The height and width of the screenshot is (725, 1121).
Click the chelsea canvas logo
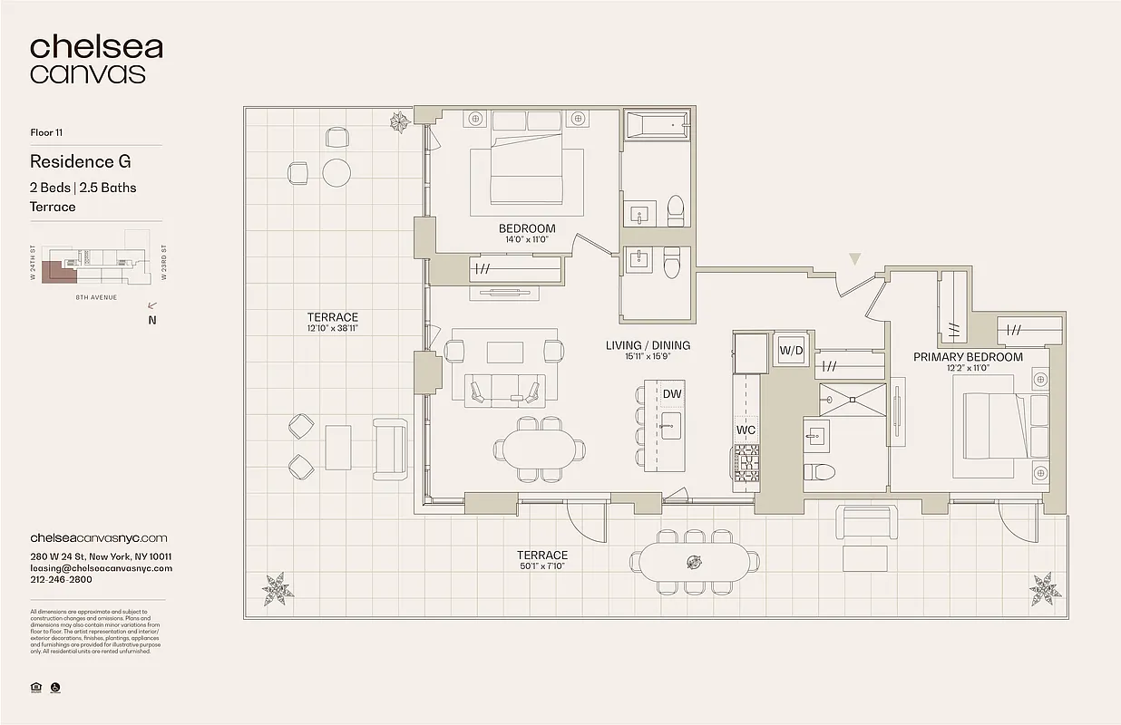pyautogui.click(x=96, y=60)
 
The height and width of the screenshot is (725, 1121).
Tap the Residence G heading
pyautogui.click(x=80, y=162)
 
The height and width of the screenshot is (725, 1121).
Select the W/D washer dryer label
pyautogui.click(x=791, y=351)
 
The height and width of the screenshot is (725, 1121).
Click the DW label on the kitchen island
pyautogui.click(x=672, y=393)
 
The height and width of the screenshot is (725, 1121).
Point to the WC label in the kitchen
pyautogui.click(x=746, y=429)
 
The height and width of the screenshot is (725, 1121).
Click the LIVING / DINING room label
pyautogui.click(x=648, y=345)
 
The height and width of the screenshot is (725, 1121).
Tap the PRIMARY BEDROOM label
pyautogui.click(x=968, y=356)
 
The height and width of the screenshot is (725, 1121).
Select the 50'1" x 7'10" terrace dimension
pyautogui.click(x=542, y=567)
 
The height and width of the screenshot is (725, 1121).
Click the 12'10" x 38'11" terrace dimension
pyautogui.click(x=333, y=329)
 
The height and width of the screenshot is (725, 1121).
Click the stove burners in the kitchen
pyautogui.click(x=746, y=462)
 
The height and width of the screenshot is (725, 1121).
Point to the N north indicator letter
pyautogui.click(x=151, y=319)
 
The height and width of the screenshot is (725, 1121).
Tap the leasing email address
pyautogui.click(x=101, y=568)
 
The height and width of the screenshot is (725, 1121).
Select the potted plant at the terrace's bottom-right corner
pyautogui.click(x=1045, y=590)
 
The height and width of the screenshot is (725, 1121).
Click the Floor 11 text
pyautogui.click(x=46, y=132)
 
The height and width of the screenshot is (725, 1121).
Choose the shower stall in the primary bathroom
pyautogui.click(x=852, y=400)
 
